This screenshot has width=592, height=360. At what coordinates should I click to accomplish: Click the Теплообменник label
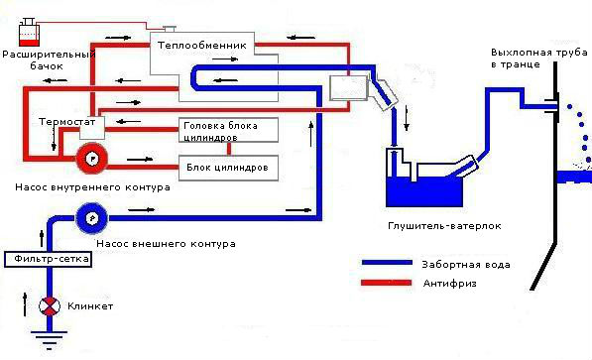pos(202,46)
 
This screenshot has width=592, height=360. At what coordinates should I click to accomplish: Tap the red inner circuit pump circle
pos(92,159)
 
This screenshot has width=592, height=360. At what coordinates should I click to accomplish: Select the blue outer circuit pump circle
pos(92,218)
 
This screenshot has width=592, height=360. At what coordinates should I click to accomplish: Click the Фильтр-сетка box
pos(48,259)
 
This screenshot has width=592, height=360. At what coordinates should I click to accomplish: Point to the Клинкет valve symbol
pos(50,306)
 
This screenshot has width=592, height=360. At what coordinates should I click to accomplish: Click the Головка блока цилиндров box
pos(228,130)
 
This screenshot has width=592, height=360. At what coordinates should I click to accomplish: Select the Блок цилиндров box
pos(228,168)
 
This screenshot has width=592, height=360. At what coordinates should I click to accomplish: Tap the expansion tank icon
pos(29,32)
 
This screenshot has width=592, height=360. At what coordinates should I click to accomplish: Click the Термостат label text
pos(66,122)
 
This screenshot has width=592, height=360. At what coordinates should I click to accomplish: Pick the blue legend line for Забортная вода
pos(387,263)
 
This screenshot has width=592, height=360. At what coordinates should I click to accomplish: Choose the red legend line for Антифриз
pos(387,283)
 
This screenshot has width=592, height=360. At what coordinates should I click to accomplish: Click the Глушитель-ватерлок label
pos(444,226)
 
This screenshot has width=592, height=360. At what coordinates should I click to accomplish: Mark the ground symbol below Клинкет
pos(49,341)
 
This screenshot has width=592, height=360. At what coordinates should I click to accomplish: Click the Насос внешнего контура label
pos(166,244)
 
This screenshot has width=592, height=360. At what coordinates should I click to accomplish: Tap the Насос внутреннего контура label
pos(92,187)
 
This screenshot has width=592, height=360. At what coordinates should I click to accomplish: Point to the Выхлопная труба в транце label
pos(538,58)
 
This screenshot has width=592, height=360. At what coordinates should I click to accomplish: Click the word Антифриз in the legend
pos(449,284)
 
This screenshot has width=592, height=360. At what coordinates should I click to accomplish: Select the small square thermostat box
pos(92,128)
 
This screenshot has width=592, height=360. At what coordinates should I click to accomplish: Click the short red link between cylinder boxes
pos(229,149)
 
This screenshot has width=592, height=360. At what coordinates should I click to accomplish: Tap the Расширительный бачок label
pos(49,60)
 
